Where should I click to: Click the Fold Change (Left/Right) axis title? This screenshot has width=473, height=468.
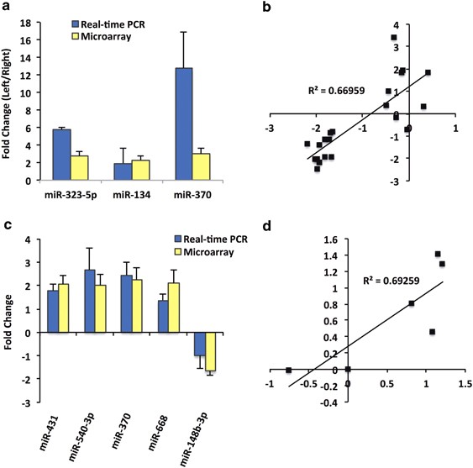tap(11, 96)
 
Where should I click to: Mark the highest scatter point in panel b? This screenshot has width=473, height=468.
tap(393, 38)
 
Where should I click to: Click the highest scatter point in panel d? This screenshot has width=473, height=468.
tap(438, 254)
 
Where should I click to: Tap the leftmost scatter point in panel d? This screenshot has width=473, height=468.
tap(288, 371)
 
